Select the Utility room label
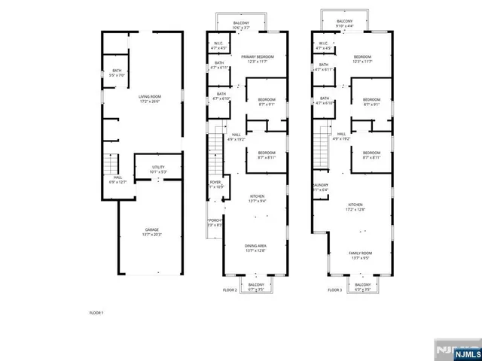click(x=157, y=169)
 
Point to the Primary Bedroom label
click(x=255, y=59)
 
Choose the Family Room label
click(x=359, y=255)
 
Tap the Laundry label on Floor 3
click(x=319, y=187)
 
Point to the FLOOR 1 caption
click(x=96, y=312)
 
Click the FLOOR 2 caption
click(x=230, y=290)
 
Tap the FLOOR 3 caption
click(x=334, y=290)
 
